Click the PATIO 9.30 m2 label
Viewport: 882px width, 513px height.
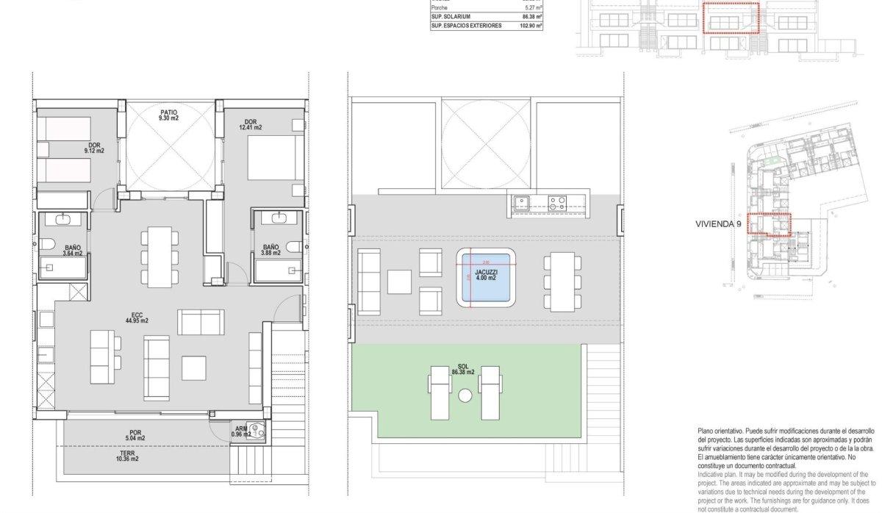[x=169, y=115]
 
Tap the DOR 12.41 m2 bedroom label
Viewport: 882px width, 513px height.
[x=251, y=124]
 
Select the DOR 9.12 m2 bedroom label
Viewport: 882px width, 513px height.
[x=94, y=148]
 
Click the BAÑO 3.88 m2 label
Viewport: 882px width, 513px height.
[x=270, y=250]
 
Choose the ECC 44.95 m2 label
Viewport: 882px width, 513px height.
[x=136, y=318]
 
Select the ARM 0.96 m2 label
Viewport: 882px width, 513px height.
[x=240, y=431]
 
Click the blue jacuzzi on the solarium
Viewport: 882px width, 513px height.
[x=485, y=277]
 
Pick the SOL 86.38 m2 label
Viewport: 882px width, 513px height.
[x=463, y=370]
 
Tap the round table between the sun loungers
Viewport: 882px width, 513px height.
[x=465, y=395]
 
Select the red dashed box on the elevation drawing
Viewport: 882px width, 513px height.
[x=730, y=18]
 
